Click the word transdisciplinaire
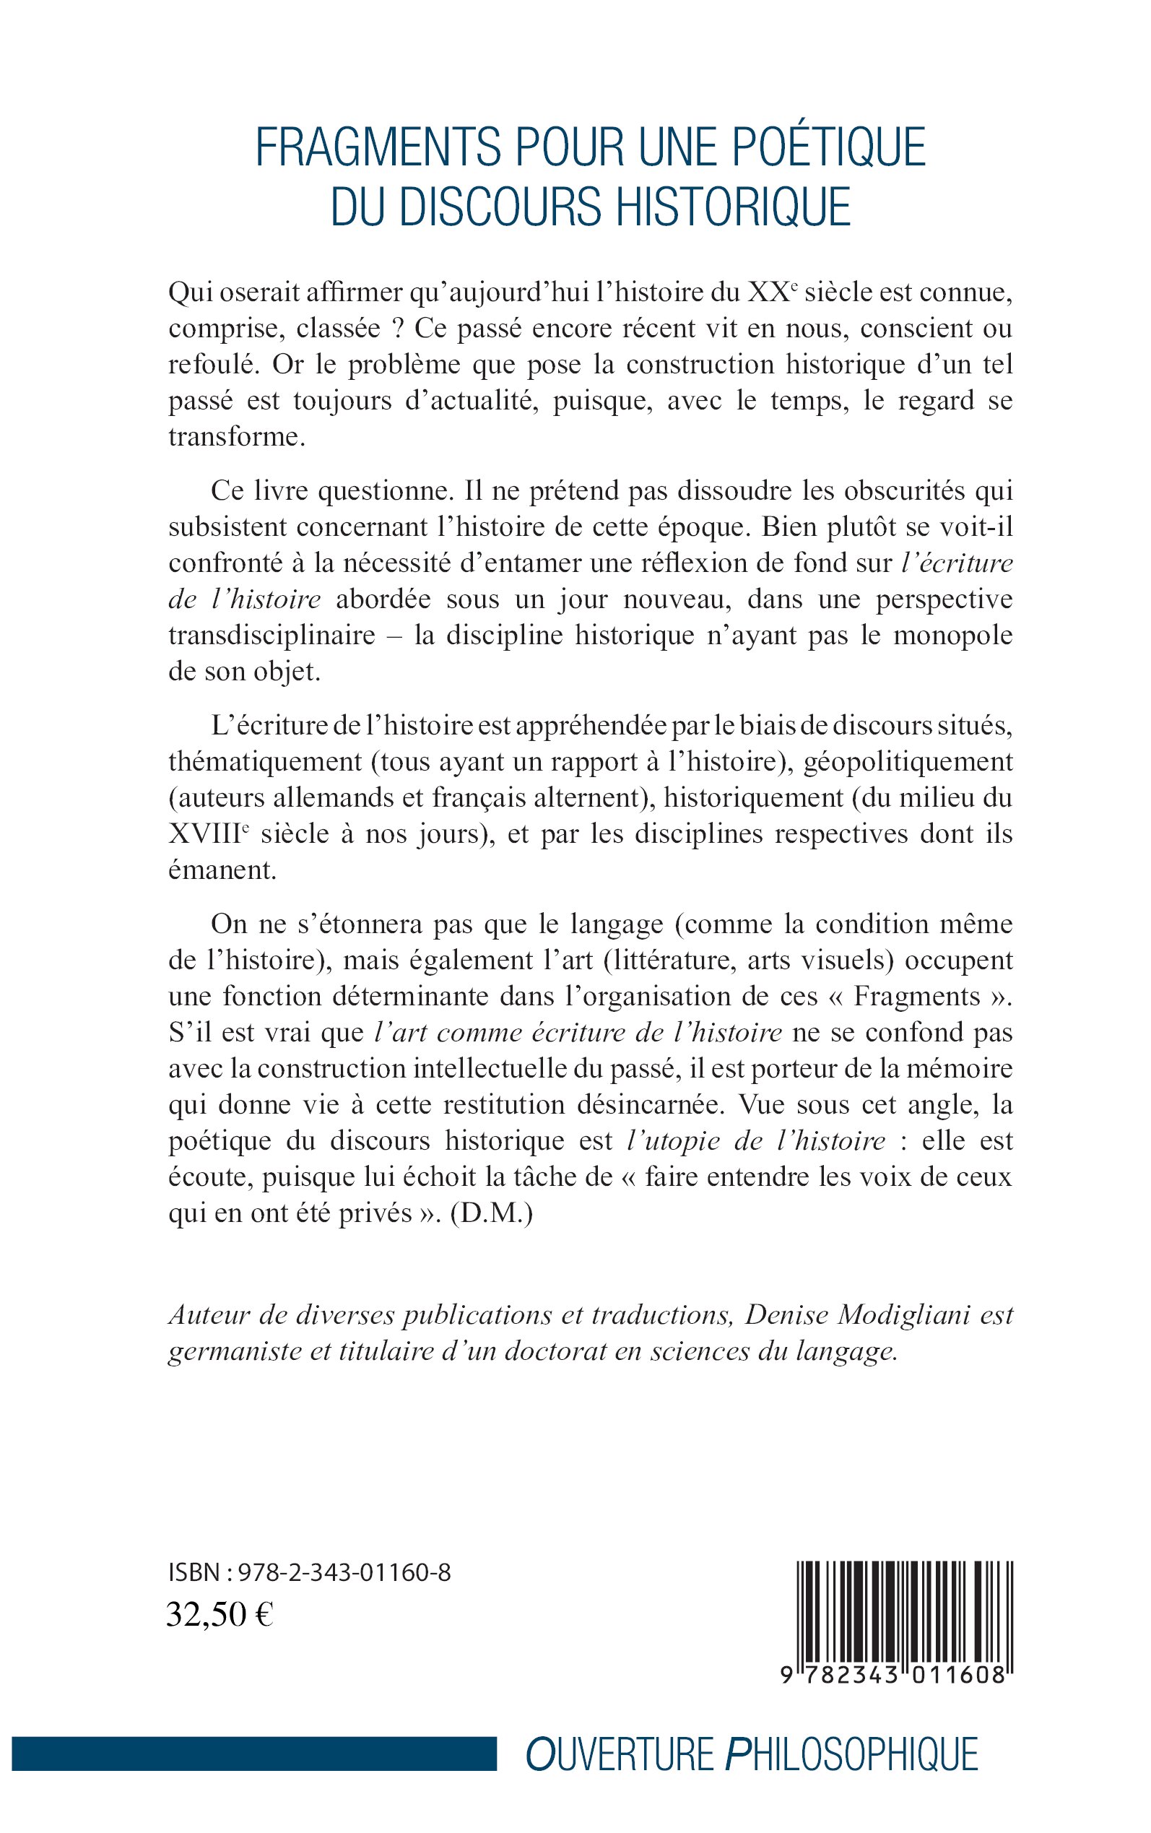[272, 635]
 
